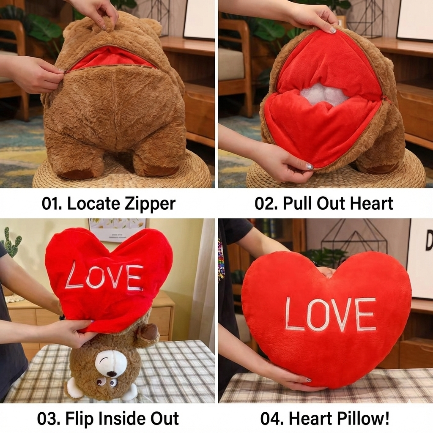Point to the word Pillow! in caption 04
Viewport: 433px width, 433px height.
click(363, 419)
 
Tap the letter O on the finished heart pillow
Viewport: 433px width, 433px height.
click(317, 315)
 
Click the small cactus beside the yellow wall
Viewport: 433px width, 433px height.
click(12, 243)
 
